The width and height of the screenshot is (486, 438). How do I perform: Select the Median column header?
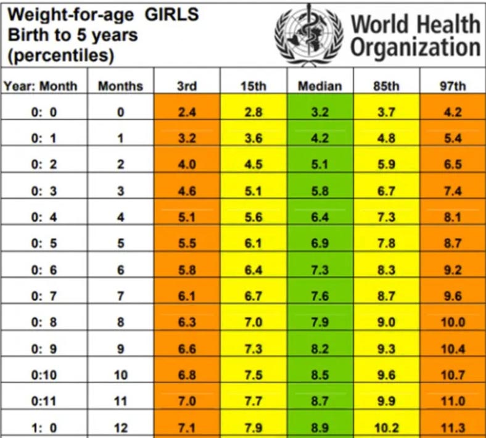(x=319, y=86)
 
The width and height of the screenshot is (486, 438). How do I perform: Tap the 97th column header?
(x=453, y=86)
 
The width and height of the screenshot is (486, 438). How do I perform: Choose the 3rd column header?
(x=186, y=86)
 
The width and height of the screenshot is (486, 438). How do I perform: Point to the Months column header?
(x=120, y=86)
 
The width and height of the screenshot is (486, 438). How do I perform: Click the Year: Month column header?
(x=41, y=86)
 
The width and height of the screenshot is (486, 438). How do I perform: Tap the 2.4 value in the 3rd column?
(x=186, y=113)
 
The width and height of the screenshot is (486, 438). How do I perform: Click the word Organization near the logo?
(x=415, y=48)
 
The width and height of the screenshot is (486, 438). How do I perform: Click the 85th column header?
(x=386, y=86)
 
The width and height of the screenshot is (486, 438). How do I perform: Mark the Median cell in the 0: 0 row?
(x=319, y=113)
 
